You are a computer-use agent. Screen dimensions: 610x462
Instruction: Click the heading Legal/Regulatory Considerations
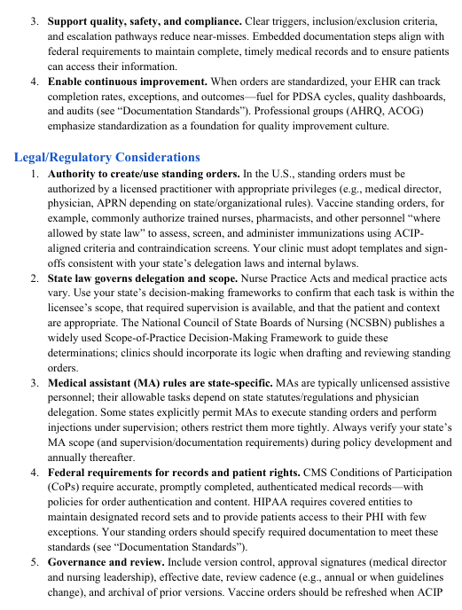[107, 157]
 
